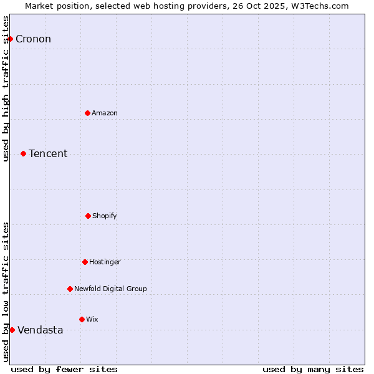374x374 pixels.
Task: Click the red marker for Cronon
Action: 10,39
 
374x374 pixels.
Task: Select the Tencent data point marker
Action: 23,153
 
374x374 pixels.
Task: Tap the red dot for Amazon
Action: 87,113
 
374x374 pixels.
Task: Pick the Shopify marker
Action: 88,216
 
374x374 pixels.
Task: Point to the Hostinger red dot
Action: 85,262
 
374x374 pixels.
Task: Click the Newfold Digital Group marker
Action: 70,289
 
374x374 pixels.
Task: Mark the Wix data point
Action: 82,319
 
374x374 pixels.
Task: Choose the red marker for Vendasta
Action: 12,330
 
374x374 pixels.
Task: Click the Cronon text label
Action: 33,39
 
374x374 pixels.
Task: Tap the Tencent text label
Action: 48,153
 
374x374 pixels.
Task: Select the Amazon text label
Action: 105,113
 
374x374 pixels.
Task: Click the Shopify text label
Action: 105,216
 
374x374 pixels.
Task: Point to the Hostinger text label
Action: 105,262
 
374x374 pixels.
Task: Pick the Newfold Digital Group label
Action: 110,289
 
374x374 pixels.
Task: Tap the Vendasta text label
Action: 40,330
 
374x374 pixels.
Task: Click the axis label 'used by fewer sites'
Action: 64,369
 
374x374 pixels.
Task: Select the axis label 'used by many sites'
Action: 313,369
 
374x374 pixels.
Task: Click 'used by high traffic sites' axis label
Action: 6,89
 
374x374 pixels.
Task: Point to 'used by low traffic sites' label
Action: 6,292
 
